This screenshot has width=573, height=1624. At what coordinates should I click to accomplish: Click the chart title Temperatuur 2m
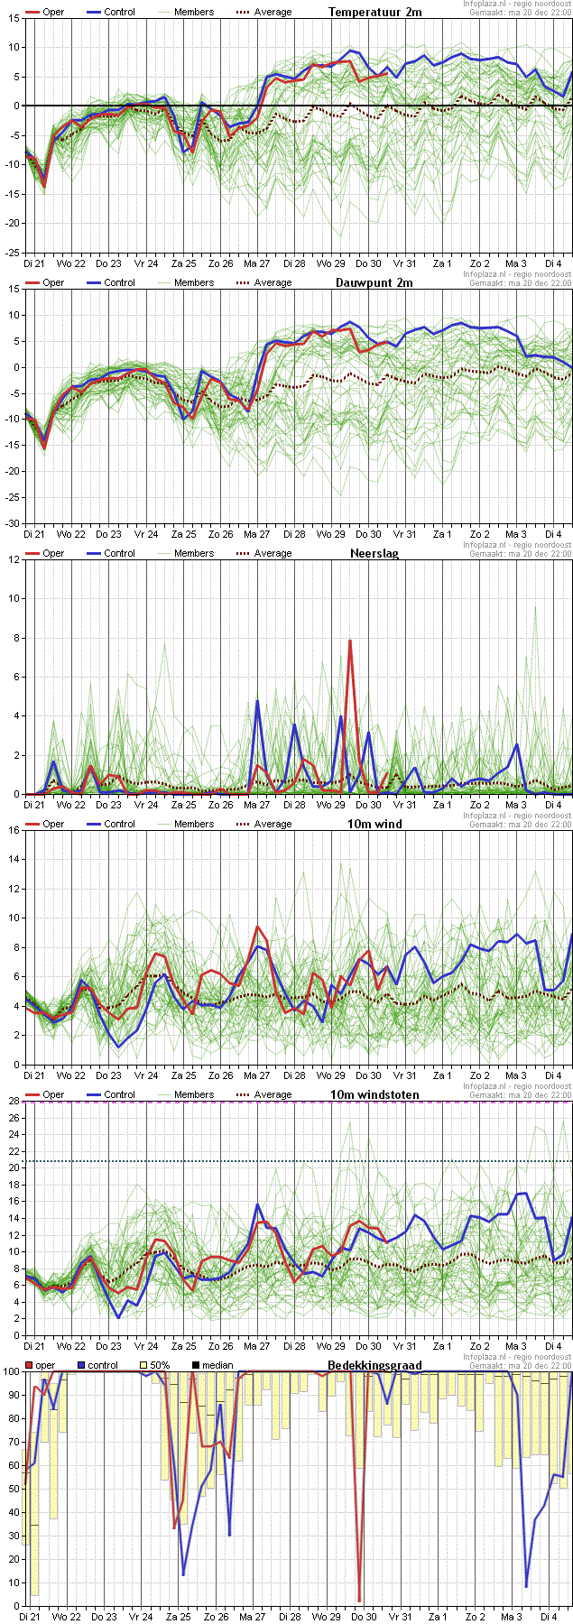pos(374,12)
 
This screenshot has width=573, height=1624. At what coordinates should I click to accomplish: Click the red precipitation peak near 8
pos(349,641)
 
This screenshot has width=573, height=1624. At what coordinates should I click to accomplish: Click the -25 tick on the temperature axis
pos(13,253)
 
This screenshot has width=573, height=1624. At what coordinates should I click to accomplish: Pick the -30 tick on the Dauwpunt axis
pos(13,523)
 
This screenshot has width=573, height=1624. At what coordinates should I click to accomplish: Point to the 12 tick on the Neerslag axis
pos(14,559)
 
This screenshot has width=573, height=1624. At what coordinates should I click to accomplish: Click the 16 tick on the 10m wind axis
pos(14,830)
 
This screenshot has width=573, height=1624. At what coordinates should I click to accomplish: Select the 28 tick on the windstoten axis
pos(14,1101)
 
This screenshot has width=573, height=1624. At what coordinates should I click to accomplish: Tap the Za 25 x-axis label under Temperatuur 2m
pos(184,263)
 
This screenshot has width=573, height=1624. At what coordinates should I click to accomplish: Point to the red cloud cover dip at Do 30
pos(359,1600)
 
